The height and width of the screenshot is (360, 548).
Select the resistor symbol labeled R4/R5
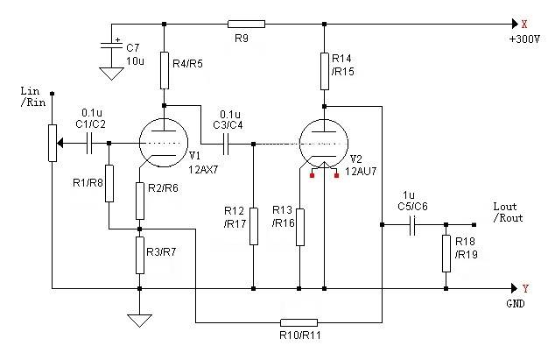tap(164, 70)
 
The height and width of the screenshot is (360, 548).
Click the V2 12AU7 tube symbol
tap(323, 144)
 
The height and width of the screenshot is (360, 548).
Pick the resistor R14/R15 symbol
tap(324, 70)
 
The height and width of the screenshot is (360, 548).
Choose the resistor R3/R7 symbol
tap(139, 255)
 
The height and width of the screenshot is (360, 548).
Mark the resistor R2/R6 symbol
tap(139, 201)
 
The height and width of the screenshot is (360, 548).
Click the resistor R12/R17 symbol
tap(253, 226)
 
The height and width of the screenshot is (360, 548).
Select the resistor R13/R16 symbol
tap(299, 226)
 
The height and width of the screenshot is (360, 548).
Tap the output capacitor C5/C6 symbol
tap(411, 226)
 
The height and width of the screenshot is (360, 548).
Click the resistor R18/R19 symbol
tap(446, 251)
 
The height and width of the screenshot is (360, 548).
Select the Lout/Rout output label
tap(508, 213)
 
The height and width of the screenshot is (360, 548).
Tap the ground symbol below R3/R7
tap(139, 320)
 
